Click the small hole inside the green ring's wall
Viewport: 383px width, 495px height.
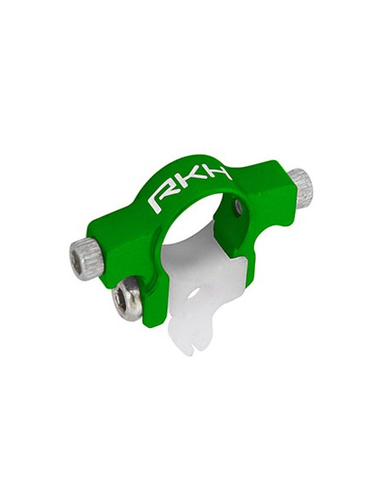pos(240,205)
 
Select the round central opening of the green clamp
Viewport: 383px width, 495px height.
pos(199,229)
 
